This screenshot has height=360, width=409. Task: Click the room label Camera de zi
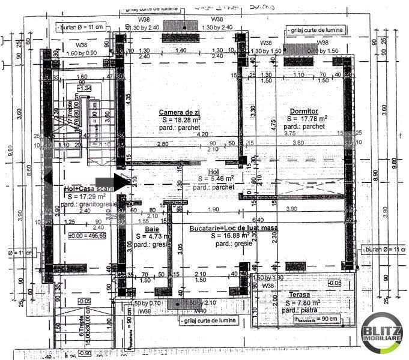tap(179, 112)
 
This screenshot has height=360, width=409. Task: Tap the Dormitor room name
tap(304, 111)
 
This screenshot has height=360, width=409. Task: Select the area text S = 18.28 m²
tap(179, 120)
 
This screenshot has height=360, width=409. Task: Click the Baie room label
tap(152, 229)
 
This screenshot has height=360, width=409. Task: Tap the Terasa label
tap(298, 295)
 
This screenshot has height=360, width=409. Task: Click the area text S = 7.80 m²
tap(303, 303)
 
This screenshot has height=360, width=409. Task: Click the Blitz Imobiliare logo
tap(382, 333)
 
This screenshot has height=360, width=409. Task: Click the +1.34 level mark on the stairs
tap(67, 88)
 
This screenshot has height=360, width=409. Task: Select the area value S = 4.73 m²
tap(151, 236)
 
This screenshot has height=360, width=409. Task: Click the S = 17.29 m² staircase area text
tap(86, 196)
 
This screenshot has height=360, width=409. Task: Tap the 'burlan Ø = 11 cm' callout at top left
tap(80, 28)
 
